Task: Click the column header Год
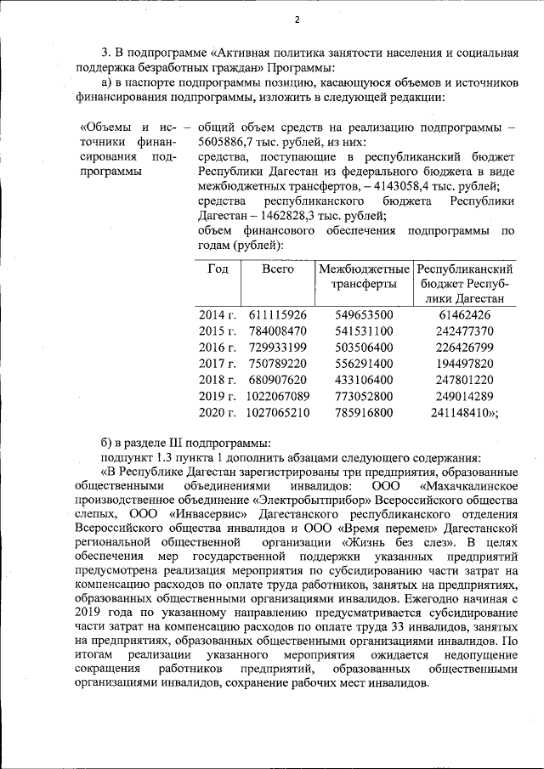218,269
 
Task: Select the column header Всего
277,269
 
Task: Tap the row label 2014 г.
216,315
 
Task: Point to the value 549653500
364,315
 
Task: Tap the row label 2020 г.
216,413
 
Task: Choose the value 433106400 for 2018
364,380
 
